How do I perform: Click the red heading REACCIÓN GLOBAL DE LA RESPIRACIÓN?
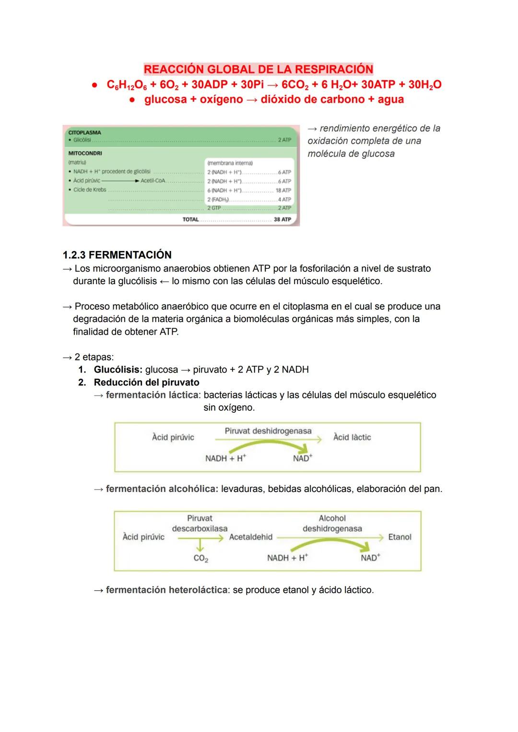click(x=258, y=69)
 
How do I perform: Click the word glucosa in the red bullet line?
click(x=165, y=100)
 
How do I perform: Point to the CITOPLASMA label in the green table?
click(x=84, y=132)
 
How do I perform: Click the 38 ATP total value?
click(x=282, y=219)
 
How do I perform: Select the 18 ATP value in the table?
click(x=283, y=191)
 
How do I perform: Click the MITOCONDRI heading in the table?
click(x=85, y=153)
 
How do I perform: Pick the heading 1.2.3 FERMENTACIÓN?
click(x=117, y=255)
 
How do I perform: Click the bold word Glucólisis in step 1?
click(x=118, y=370)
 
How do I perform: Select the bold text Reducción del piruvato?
click(x=146, y=383)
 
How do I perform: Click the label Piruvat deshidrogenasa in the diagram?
click(x=268, y=431)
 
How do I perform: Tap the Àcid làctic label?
click(x=352, y=437)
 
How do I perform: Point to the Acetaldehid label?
click(x=250, y=537)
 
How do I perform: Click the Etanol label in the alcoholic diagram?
click(x=400, y=537)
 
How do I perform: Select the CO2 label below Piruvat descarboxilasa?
click(x=200, y=558)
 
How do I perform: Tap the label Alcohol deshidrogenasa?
click(x=332, y=524)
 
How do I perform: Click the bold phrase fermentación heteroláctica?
click(x=166, y=590)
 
